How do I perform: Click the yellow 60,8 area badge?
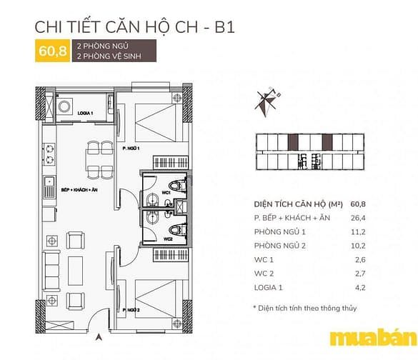[52, 51]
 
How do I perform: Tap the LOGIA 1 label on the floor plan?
[85, 114]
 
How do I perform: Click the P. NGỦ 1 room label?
[131, 148]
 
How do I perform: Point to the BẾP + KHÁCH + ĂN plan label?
[79, 190]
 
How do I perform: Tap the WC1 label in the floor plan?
[166, 192]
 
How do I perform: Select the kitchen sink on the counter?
[49, 187]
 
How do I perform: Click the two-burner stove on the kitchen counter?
[49, 154]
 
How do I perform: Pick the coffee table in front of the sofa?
[76, 271]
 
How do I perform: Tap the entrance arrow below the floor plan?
[99, 337]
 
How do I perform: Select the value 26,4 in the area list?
[358, 218]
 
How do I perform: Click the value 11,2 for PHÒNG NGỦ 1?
[358, 232]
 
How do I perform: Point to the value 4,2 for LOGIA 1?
[360, 288]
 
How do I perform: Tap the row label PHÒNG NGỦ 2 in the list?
[280, 246]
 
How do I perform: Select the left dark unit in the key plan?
[293, 142]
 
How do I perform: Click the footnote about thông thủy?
[305, 309]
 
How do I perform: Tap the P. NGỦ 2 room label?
[131, 310]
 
